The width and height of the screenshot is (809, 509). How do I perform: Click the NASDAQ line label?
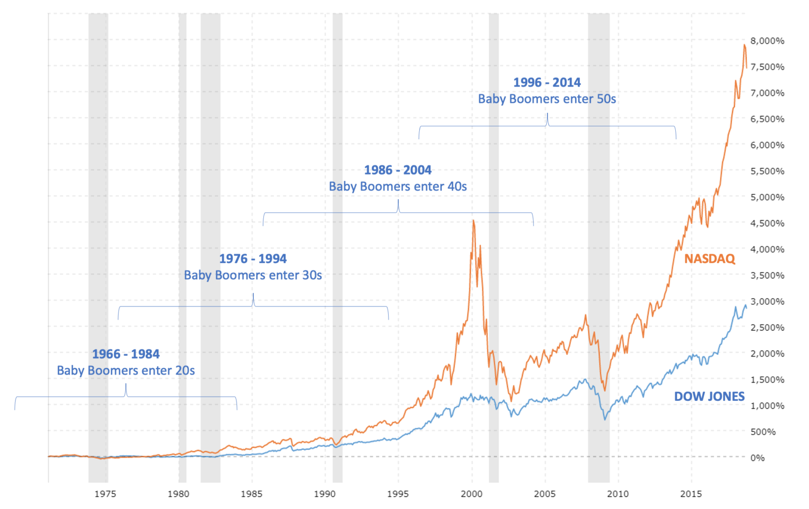click(x=709, y=258)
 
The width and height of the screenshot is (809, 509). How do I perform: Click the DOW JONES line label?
click(x=709, y=396)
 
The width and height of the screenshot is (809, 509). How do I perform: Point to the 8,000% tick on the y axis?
click(x=767, y=41)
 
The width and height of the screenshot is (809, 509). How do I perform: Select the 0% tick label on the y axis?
click(x=757, y=458)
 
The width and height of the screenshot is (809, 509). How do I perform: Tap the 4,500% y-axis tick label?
click(x=767, y=223)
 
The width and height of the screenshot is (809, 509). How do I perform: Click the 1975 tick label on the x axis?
click(x=105, y=494)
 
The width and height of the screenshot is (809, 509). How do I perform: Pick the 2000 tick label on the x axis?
click(x=471, y=494)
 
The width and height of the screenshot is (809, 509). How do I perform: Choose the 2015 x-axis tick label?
click(x=691, y=494)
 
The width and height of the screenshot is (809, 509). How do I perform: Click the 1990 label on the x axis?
click(x=325, y=494)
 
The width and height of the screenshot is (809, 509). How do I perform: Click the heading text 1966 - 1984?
click(x=126, y=354)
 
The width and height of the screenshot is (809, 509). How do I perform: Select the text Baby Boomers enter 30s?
click(x=253, y=275)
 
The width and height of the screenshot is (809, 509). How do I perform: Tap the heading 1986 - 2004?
click(x=398, y=170)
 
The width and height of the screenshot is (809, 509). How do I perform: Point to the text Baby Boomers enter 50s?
click(x=547, y=99)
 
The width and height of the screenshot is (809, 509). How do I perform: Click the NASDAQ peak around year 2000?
click(x=473, y=220)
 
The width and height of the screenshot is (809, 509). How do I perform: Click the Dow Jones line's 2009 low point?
click(x=605, y=419)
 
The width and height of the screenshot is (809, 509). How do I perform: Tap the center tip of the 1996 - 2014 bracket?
click(x=547, y=114)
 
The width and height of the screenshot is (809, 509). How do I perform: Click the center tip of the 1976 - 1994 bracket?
click(x=253, y=294)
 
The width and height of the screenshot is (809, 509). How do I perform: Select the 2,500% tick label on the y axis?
click(x=767, y=328)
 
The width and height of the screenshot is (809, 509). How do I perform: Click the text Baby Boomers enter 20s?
click(x=126, y=371)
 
